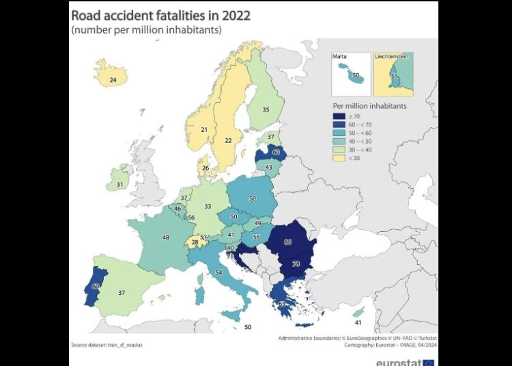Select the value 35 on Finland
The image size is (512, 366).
266,109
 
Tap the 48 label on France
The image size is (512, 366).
165,238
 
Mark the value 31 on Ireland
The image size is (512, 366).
119,185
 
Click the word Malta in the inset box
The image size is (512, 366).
340,58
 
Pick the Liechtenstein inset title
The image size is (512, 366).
392,58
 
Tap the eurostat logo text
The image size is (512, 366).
399,362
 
